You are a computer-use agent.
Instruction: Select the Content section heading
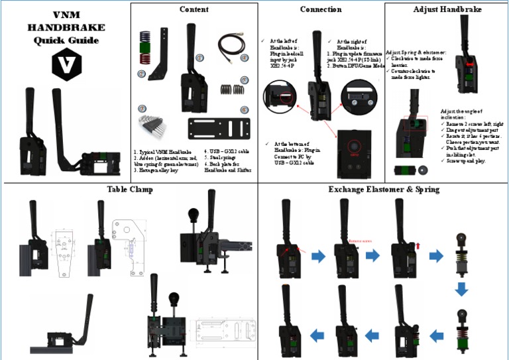194,10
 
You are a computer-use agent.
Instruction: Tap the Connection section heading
321,10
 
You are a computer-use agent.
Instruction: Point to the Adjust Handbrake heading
447,10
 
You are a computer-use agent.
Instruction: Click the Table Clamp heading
130,189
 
